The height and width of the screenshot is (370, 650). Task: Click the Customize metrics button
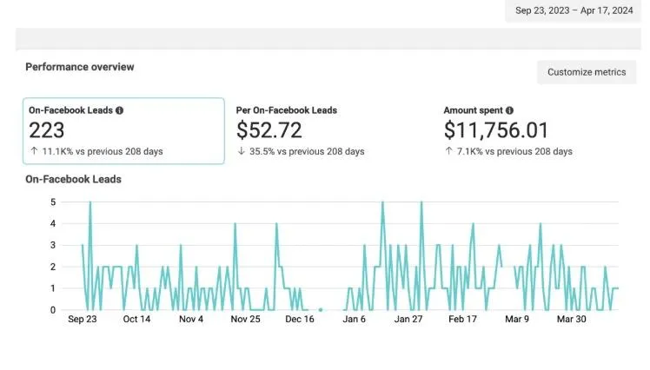click(x=587, y=72)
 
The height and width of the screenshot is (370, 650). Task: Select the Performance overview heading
click(x=80, y=67)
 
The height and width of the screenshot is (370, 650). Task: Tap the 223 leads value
click(x=47, y=130)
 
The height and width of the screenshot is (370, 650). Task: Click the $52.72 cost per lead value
click(x=270, y=130)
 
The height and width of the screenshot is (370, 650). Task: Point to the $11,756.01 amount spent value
click(x=496, y=130)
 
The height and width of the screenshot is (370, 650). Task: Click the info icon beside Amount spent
click(x=509, y=111)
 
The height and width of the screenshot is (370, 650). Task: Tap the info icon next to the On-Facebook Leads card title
click(x=120, y=111)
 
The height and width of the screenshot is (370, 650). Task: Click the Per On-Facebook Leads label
click(x=287, y=111)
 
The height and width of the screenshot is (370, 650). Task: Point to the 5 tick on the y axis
click(x=53, y=202)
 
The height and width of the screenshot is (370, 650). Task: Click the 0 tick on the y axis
click(x=53, y=310)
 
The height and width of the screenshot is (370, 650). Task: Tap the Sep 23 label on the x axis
click(x=83, y=320)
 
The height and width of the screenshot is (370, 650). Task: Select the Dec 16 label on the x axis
click(x=300, y=320)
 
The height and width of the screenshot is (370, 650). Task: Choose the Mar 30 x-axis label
click(x=571, y=320)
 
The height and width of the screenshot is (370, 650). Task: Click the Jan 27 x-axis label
click(x=408, y=320)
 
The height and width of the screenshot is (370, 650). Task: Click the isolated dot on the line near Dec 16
click(x=321, y=309)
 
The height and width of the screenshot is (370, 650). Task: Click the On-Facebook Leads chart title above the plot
click(x=73, y=180)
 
